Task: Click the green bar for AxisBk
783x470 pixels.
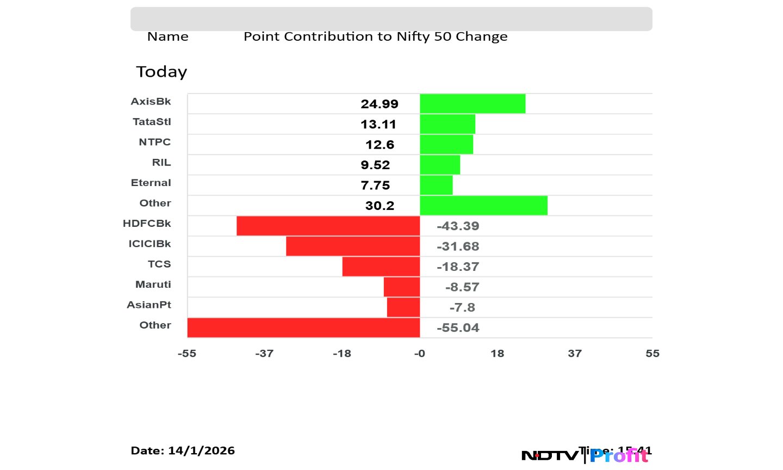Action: click(473, 104)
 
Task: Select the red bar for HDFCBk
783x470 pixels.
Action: click(328, 226)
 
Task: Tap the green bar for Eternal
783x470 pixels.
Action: click(436, 185)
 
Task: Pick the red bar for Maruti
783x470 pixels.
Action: click(402, 287)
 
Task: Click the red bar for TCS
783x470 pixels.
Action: click(381, 267)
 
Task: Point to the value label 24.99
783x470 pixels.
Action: click(380, 104)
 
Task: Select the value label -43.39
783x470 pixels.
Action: click(458, 226)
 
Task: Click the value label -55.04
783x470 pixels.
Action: click(458, 327)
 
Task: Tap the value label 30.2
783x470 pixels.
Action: click(380, 206)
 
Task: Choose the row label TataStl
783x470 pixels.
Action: click(152, 121)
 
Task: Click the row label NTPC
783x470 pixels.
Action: click(154, 142)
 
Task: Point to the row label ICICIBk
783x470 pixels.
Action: click(150, 244)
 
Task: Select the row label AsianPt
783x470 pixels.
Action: click(149, 305)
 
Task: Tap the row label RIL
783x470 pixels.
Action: click(161, 162)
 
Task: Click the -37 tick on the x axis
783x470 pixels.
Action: click(264, 354)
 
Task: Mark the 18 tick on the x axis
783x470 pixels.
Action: click(497, 354)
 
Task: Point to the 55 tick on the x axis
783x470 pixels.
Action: click(652, 354)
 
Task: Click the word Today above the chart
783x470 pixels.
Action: click(161, 72)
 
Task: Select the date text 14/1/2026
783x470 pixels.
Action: click(201, 450)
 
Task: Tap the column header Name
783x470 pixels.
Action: click(168, 36)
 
